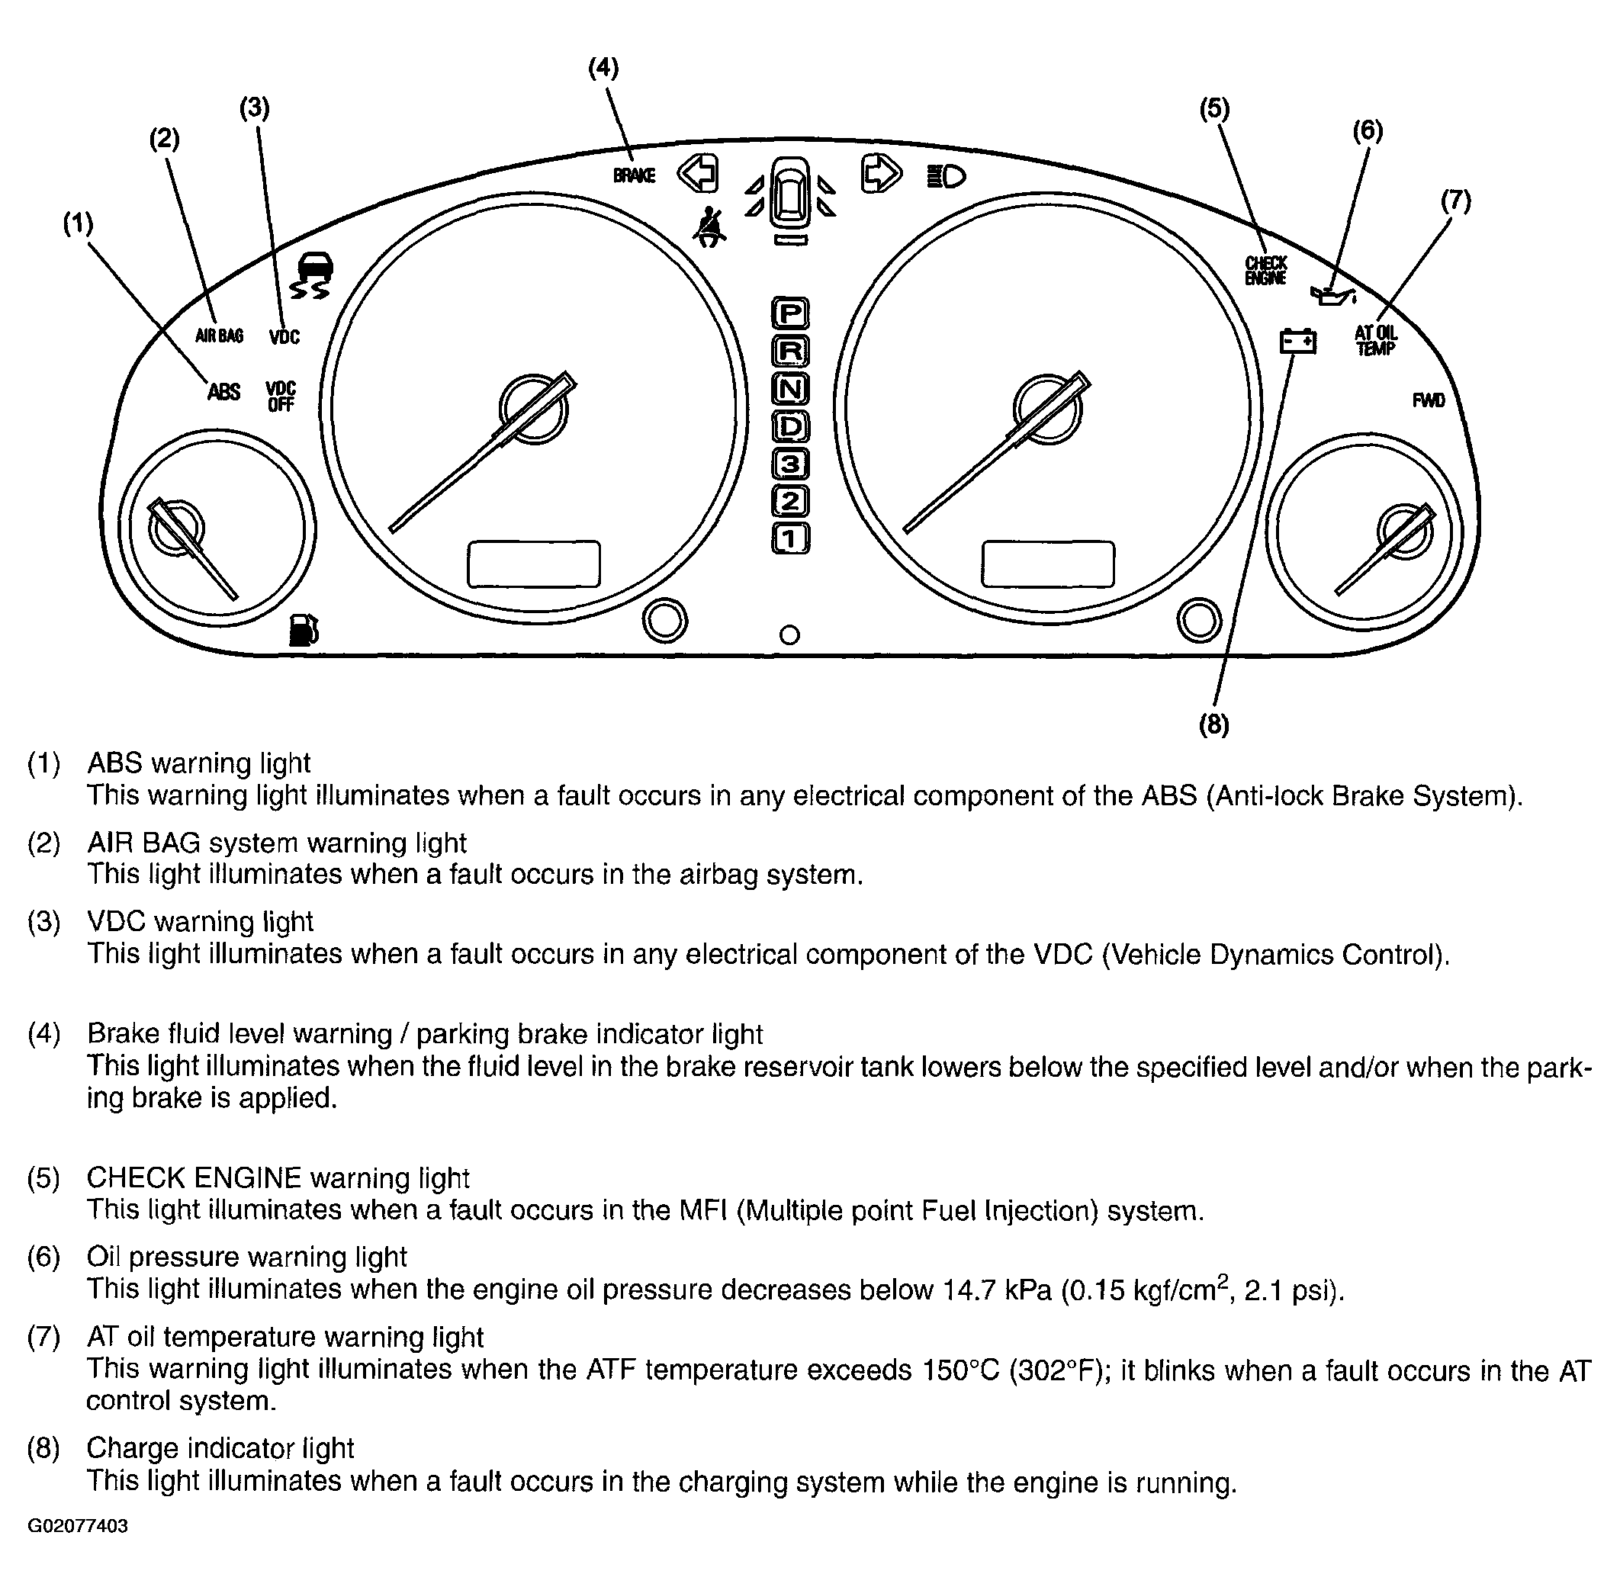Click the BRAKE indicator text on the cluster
point(634,175)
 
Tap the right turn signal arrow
point(881,174)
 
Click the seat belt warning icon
point(709,226)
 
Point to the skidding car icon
point(311,275)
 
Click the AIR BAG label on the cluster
point(219,336)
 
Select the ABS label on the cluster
point(223,392)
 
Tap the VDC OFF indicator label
point(281,397)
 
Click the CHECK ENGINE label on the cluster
point(1266,271)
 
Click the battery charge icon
point(1297,342)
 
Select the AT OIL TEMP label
point(1375,341)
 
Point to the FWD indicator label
point(1428,401)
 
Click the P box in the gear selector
point(790,313)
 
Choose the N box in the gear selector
point(790,388)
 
